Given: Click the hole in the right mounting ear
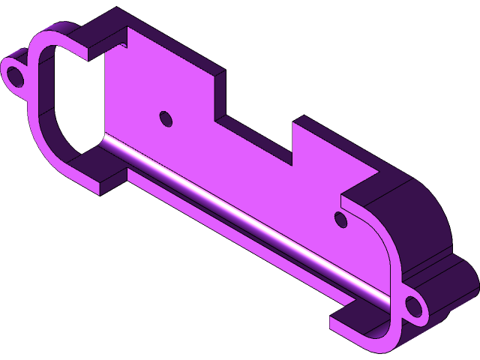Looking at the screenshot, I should pyautogui.click(x=413, y=306).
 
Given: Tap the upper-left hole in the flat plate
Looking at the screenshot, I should pyautogui.click(x=165, y=118).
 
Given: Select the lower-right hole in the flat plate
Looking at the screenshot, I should pyautogui.click(x=340, y=219).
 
